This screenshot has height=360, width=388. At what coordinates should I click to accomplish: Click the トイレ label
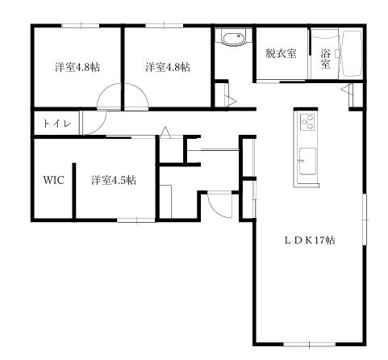click(x=57, y=124)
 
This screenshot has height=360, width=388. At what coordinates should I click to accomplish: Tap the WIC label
click(x=54, y=180)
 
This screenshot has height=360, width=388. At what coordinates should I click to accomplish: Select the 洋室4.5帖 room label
click(x=114, y=180)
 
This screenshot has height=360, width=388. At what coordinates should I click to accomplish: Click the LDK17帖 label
click(x=310, y=240)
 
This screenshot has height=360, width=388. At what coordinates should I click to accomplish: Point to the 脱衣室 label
click(x=281, y=53)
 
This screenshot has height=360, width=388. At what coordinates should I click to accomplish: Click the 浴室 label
click(x=325, y=59)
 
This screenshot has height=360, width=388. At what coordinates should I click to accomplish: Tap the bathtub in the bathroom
click(x=351, y=55)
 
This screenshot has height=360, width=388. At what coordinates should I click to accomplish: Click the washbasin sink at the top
click(x=233, y=38)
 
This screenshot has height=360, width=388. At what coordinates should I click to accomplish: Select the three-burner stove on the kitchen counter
click(x=307, y=122)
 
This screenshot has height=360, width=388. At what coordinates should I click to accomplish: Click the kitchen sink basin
click(x=307, y=161)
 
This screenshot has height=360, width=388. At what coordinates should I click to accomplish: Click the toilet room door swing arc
click(x=98, y=124)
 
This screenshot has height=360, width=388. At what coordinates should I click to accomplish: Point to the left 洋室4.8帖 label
click(x=77, y=67)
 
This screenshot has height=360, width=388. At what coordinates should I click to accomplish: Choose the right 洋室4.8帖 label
click(x=168, y=67)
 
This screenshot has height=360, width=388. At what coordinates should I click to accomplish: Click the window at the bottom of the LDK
click(x=310, y=344)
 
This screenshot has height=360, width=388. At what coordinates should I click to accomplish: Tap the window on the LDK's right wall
click(x=365, y=220)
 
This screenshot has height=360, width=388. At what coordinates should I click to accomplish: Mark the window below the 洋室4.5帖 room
click(x=136, y=220)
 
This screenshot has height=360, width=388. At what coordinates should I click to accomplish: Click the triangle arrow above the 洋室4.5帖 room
click(x=165, y=132)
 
